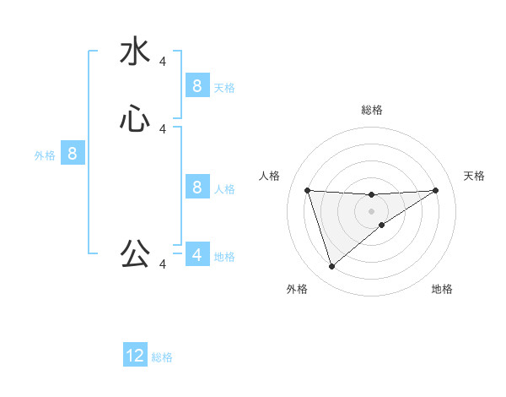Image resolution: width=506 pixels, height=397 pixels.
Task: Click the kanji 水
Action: pyautogui.click(x=135, y=52)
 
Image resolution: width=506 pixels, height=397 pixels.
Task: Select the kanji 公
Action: pyautogui.click(x=135, y=253)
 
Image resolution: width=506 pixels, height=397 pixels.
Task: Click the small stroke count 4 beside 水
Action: pyautogui.click(x=163, y=62)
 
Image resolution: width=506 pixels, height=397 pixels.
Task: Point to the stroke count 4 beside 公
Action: pyautogui.click(x=163, y=264)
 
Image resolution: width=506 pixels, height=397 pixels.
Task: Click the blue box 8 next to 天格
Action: pyautogui.click(x=196, y=85)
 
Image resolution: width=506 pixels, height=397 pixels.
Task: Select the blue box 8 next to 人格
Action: pyautogui.click(x=196, y=187)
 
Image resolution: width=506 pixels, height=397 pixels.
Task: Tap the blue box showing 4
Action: pyautogui.click(x=196, y=254)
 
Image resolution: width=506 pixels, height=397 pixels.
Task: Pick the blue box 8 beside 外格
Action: pyautogui.click(x=73, y=154)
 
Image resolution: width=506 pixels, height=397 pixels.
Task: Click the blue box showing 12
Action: pyautogui.click(x=135, y=356)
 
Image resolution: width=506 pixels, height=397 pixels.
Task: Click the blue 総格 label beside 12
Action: pyautogui.click(x=162, y=357)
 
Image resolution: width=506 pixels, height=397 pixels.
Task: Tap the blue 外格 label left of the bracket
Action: pyautogui.click(x=45, y=155)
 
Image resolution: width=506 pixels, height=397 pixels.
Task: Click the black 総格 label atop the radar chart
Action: pyautogui.click(x=371, y=110)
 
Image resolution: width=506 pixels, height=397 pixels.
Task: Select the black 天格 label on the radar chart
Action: pyautogui.click(x=474, y=176)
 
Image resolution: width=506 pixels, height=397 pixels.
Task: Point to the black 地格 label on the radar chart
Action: pyautogui.click(x=442, y=289)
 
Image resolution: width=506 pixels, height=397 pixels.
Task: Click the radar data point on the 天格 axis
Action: pyautogui.click(x=436, y=190)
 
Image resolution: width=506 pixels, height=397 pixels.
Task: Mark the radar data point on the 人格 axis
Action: pyautogui.click(x=307, y=190)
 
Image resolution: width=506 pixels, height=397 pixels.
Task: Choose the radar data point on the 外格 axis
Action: pyautogui.click(x=331, y=267)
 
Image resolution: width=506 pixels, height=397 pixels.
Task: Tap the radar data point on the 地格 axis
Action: pyautogui.click(x=381, y=225)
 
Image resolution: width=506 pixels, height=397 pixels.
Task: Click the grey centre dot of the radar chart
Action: pyautogui.click(x=371, y=209)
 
